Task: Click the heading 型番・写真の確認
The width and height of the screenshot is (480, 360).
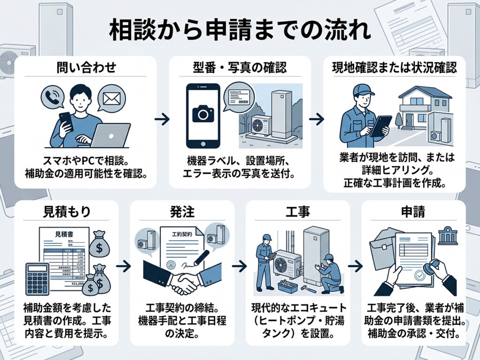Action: (240, 69)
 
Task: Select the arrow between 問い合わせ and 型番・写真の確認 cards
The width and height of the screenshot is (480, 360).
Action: (162, 120)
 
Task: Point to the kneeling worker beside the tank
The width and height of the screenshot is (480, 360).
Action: (331, 274)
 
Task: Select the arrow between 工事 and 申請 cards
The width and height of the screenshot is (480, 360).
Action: (356, 266)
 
